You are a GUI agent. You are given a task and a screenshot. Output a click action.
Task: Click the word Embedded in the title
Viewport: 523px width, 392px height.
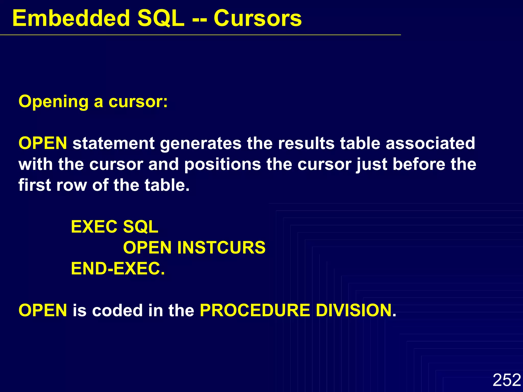tap(71, 18)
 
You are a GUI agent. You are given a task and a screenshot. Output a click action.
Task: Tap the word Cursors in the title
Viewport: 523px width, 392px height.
tap(257, 18)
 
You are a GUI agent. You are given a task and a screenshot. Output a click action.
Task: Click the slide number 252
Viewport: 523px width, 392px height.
tap(507, 380)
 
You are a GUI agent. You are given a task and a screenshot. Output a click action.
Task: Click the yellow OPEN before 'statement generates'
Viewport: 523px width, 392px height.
tap(43, 143)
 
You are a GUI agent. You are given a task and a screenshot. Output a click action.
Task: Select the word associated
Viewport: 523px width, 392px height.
tap(430, 143)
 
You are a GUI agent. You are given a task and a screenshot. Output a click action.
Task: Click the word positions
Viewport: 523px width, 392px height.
tap(222, 165)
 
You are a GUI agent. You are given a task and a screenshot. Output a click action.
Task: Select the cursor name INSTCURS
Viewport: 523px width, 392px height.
tap(221, 248)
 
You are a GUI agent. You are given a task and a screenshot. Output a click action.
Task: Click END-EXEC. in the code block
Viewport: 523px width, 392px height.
tap(118, 268)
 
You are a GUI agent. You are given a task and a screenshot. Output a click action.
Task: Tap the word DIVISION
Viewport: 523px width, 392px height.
tap(356, 310)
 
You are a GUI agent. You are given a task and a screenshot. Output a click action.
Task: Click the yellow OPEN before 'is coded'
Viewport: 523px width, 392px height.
tap(43, 310)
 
